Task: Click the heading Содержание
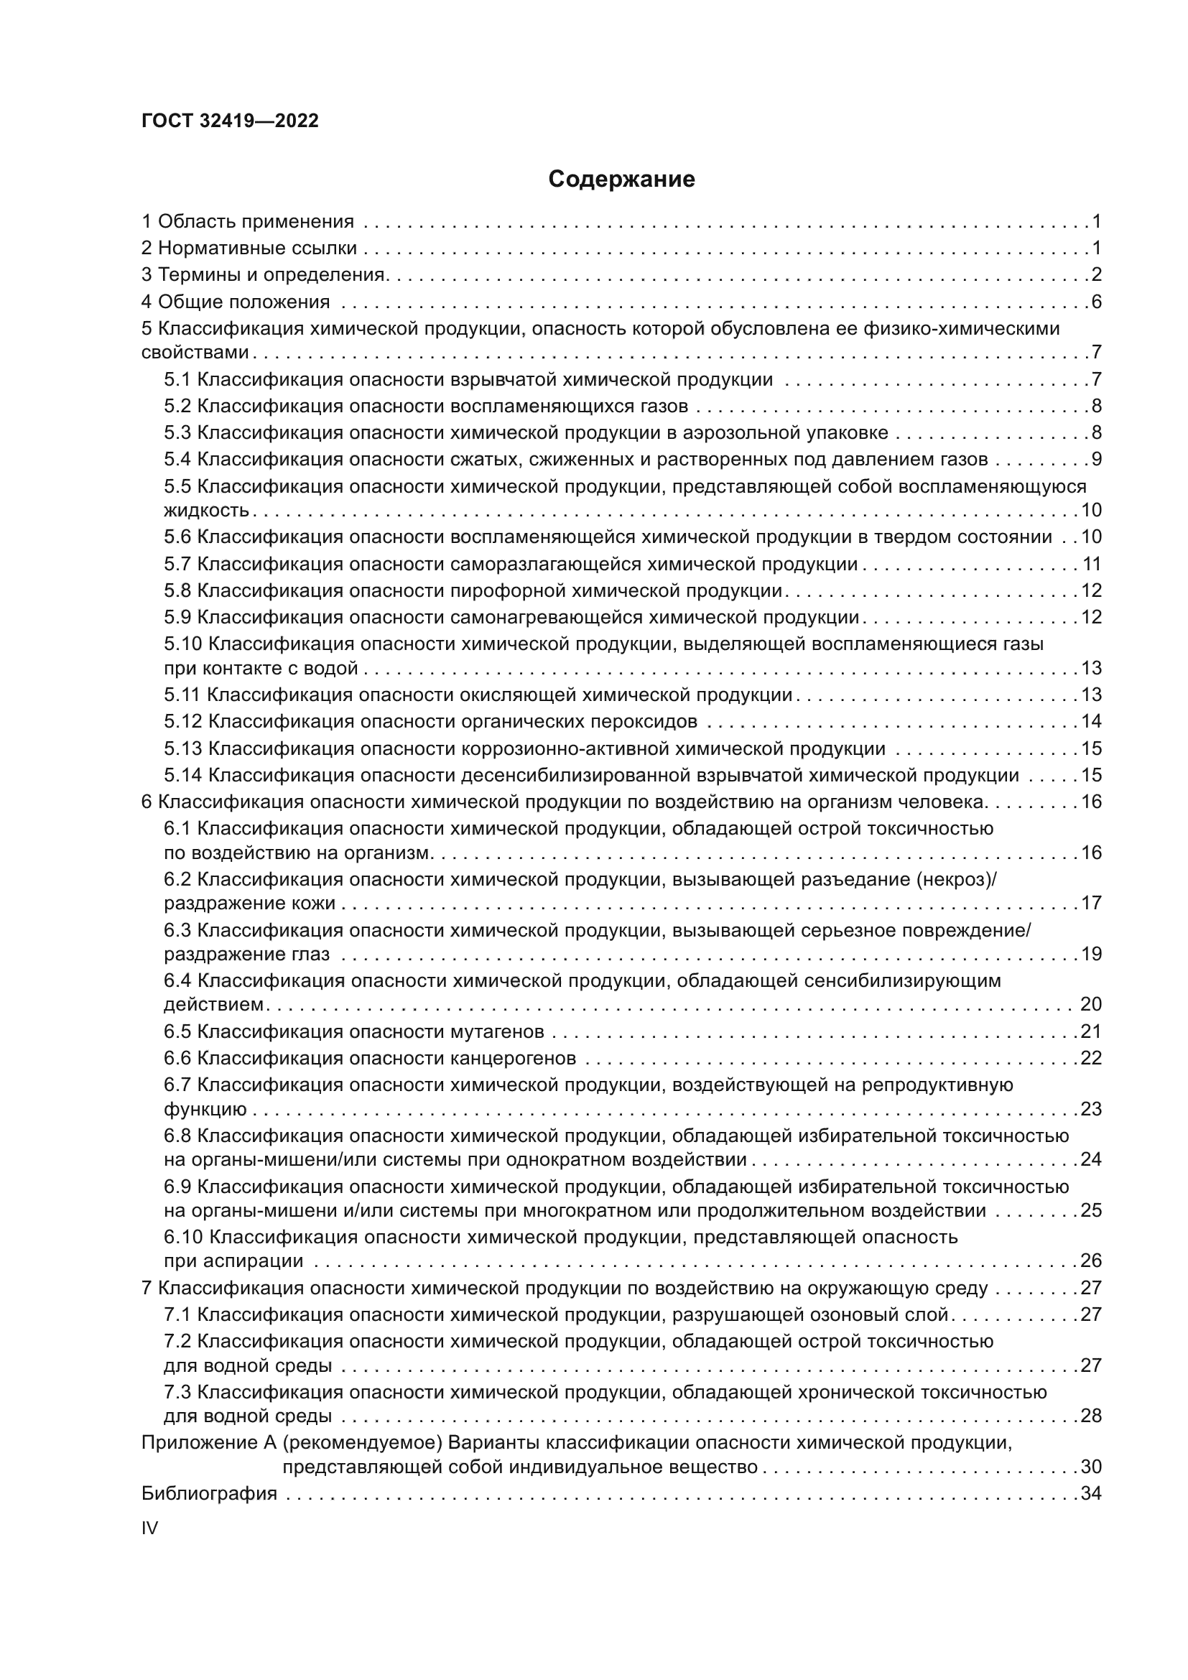click(x=621, y=180)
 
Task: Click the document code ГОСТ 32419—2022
click(x=230, y=121)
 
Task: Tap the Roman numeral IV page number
click(x=149, y=1528)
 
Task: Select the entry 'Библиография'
click(x=209, y=1493)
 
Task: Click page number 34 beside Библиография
click(x=1091, y=1493)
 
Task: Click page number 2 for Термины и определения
click(x=1096, y=274)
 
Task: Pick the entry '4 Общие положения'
click(x=236, y=302)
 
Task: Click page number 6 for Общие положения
click(x=1096, y=302)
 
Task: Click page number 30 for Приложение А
click(x=1091, y=1467)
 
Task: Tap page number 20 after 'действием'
click(x=1091, y=1004)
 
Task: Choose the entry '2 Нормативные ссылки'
click(x=249, y=248)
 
